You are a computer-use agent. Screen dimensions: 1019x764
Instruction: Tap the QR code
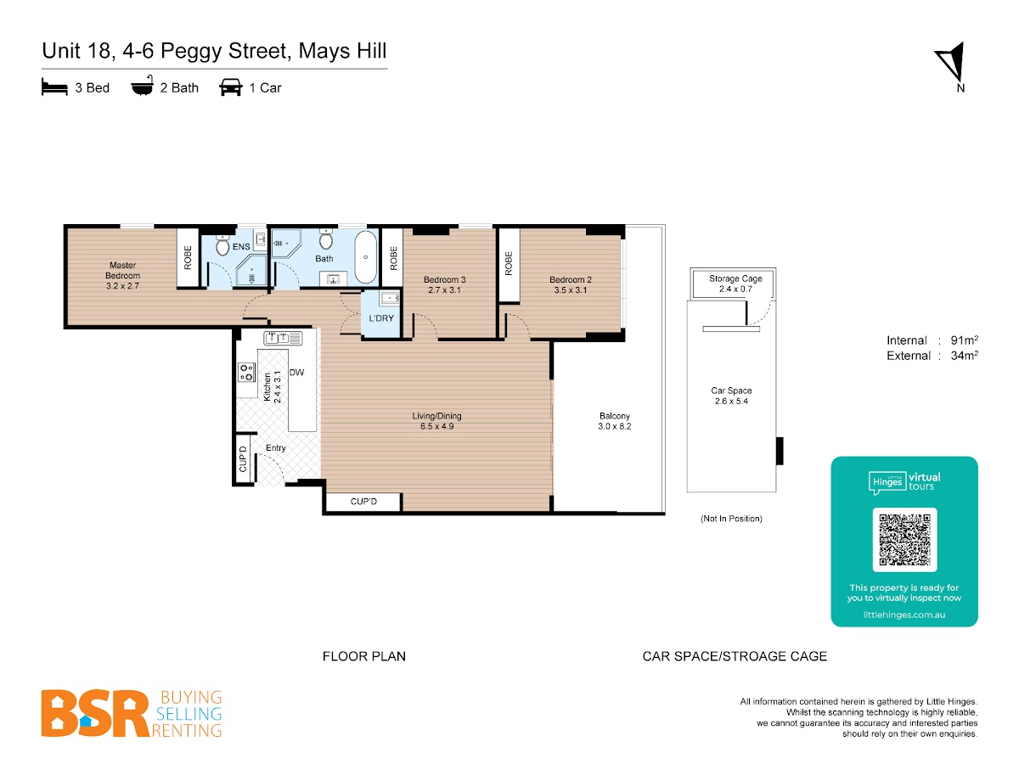click(904, 540)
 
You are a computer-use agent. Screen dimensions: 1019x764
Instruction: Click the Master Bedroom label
click(122, 276)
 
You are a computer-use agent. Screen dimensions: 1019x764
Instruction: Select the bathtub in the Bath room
click(365, 257)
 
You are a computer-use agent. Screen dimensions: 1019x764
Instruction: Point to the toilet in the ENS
click(222, 245)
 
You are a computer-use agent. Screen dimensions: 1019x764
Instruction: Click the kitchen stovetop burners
click(246, 372)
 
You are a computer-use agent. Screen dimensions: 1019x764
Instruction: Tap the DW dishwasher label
click(296, 372)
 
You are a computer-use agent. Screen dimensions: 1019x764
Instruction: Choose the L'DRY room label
click(380, 318)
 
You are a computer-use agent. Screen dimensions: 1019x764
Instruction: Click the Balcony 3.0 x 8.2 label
click(614, 421)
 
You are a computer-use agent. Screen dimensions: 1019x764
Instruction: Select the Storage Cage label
click(735, 278)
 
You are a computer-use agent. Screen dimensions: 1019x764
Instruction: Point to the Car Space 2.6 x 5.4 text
click(731, 396)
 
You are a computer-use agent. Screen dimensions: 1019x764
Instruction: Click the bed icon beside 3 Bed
click(54, 87)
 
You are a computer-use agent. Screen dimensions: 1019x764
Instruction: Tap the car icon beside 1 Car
click(231, 87)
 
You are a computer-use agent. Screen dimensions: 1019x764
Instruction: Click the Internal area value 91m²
click(964, 340)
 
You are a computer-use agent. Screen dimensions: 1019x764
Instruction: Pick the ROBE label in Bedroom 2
click(509, 263)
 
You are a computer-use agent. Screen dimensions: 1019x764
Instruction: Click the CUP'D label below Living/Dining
click(363, 502)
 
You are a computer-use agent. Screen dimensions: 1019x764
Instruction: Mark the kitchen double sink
click(283, 338)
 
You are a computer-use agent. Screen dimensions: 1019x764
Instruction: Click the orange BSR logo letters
click(95, 713)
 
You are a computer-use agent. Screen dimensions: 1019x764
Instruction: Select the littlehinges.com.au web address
click(904, 615)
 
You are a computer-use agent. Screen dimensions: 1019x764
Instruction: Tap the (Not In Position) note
click(731, 519)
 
